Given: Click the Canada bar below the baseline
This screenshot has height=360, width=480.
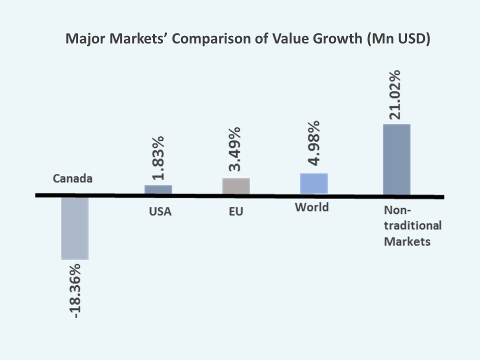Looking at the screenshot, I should pos(74,228).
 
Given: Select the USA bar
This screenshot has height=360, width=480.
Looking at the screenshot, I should pos(158,189).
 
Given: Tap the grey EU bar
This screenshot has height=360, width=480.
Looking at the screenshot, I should pos(236,186).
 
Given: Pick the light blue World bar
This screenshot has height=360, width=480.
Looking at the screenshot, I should pos(313,183).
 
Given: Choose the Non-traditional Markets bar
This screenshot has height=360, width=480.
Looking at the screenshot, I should pos(396,159).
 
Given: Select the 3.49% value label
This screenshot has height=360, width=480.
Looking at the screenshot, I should pos(233,148).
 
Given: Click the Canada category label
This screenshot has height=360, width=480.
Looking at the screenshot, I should pos(73,178).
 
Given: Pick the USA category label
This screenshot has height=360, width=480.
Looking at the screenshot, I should pos(160,211).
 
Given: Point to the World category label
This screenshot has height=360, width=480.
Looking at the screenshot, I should pos(311,207).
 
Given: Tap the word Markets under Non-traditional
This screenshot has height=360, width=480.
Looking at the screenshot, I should pos(407,241).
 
